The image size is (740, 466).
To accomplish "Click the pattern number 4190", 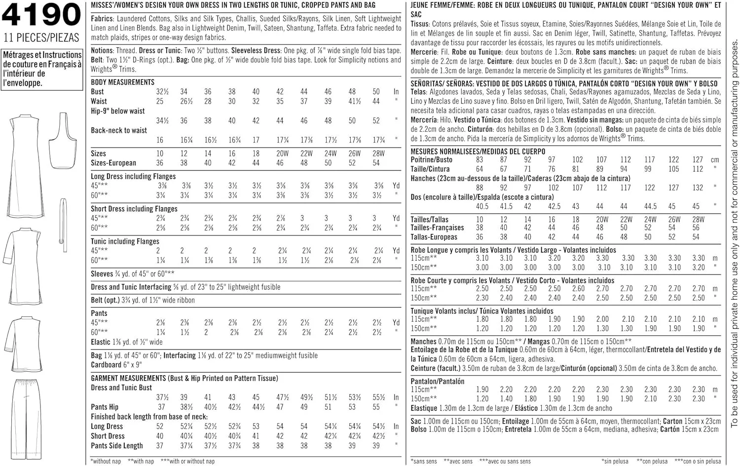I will tap(41, 15).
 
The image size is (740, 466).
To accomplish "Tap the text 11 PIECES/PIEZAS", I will tap(41, 38).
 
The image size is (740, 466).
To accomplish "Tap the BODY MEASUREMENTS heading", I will tap(122, 82).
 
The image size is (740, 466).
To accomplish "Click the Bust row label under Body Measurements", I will tap(97, 91).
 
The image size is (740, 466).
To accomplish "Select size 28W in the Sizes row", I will tap(378, 154).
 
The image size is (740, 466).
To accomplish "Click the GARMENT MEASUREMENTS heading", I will tap(184, 378).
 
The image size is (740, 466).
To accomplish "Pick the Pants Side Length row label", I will tap(116, 445).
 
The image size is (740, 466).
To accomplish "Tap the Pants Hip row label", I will tap(105, 407).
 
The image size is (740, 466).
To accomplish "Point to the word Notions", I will tap(102, 50).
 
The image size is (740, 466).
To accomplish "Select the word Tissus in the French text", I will tap(420, 24).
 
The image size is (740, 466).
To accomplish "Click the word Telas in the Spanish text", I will tap(419, 92).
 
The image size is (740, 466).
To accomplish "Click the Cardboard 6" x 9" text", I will tap(116, 365).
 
